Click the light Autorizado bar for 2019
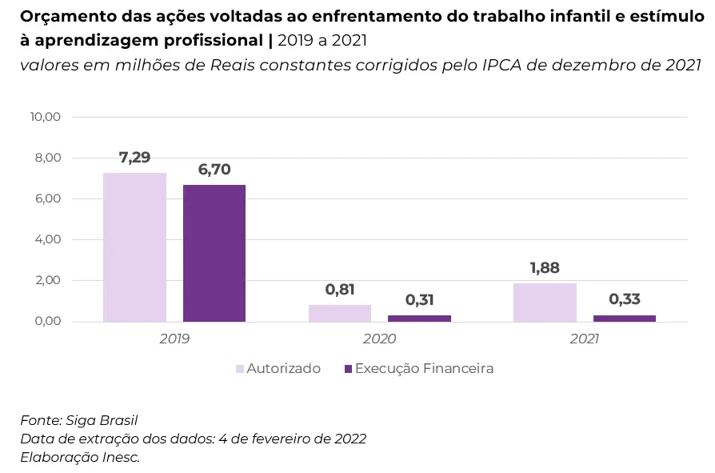(134, 247)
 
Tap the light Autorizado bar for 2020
(340, 313)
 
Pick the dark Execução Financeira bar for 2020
(419, 318)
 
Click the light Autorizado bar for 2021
(545, 303)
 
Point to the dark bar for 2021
(625, 318)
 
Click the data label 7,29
(134, 158)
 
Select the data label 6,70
(214, 170)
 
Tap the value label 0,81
(340, 290)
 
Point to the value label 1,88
(545, 268)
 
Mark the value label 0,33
(625, 299)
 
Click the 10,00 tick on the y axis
(46, 117)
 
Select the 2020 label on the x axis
(379, 339)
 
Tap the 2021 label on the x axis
(585, 339)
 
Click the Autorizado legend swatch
(240, 369)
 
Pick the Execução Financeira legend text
(424, 369)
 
